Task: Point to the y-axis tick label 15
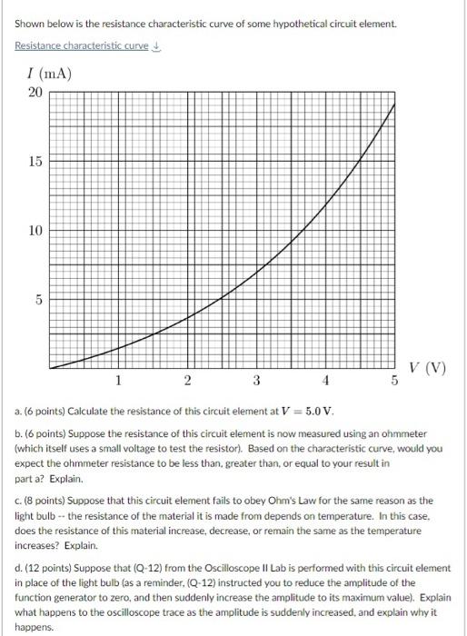34,162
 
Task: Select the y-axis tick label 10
34,231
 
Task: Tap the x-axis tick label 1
118,379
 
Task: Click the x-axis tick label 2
187,379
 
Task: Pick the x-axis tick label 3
256,379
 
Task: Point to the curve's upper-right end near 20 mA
393,105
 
